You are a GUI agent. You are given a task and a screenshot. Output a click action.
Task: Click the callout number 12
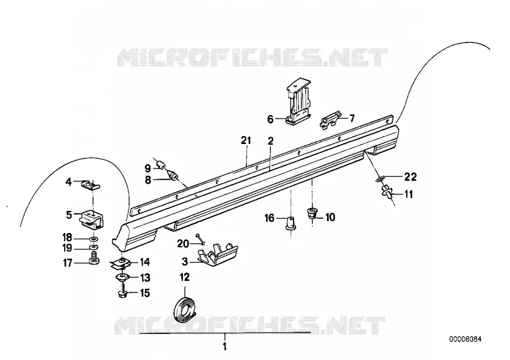point(184,277)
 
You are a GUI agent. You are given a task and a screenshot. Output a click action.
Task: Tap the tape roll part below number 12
point(184,309)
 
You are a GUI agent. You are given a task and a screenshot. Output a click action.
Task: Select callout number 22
point(410,177)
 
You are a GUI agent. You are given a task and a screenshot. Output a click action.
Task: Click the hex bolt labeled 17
point(94,260)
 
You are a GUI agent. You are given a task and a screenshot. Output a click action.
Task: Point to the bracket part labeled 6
point(297,102)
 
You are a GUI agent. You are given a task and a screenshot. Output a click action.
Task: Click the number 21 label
point(246,141)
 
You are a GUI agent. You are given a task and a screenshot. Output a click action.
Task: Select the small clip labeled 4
point(90,185)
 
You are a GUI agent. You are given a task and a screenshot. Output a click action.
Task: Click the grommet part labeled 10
point(313,214)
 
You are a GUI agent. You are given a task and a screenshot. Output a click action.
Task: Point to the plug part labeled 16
point(291,223)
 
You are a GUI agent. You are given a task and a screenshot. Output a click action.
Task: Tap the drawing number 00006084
point(465,339)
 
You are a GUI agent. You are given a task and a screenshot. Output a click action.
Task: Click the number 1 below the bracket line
point(224,346)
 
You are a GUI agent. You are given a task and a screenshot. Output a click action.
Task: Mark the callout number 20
point(183,243)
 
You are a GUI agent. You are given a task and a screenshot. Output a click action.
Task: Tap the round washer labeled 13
point(123,278)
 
